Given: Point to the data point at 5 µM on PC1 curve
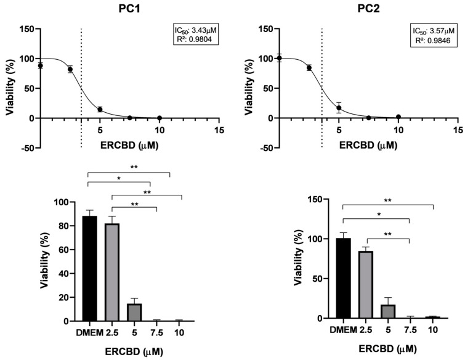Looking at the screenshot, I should click(100, 110).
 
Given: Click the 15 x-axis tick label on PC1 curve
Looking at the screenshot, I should click(219, 131).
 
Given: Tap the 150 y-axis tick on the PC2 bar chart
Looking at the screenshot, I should click(319, 199).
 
